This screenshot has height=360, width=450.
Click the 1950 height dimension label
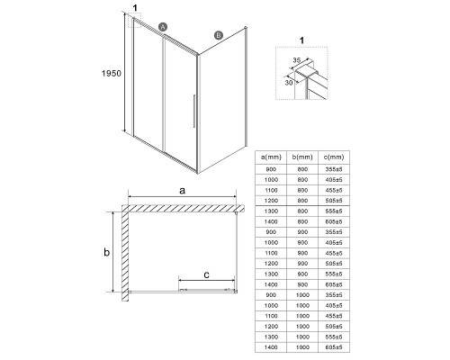[112, 73]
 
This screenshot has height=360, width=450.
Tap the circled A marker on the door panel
[163, 27]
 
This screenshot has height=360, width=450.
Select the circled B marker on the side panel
[219, 35]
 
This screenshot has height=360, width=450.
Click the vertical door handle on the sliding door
[194, 112]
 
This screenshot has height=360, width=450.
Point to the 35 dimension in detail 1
[296, 60]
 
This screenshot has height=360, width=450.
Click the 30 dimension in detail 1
[289, 82]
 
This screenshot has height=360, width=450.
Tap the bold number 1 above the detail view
[301, 40]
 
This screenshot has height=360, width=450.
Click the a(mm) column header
[271, 157]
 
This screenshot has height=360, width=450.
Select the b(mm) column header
[302, 157]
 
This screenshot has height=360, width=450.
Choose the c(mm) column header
[334, 157]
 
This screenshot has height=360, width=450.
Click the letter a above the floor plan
[182, 190]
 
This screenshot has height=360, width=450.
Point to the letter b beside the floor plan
[106, 252]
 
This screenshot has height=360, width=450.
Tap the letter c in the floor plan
[206, 274]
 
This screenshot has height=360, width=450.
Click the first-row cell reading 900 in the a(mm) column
[271, 169]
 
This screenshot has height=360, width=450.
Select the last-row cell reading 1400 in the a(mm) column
[271, 347]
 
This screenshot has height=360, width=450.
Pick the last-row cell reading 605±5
[334, 347]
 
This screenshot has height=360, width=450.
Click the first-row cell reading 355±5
[334, 169]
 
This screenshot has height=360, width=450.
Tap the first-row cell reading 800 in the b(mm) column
[302, 169]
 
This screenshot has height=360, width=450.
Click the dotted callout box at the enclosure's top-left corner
[134, 21]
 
